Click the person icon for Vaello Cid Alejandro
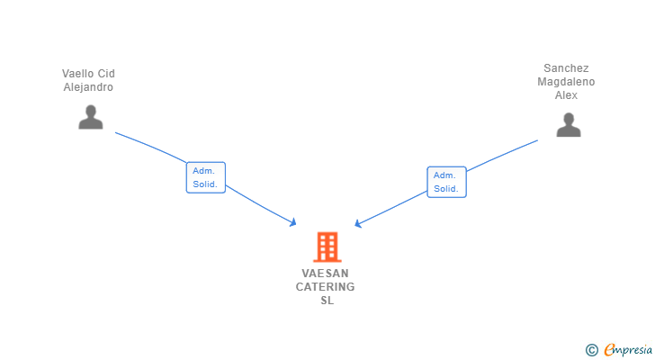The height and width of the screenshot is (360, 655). coord(91,117)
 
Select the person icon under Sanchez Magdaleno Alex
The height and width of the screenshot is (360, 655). coord(568,124)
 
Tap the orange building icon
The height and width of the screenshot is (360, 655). coord(327,247)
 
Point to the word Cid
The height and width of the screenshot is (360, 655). coord(106,74)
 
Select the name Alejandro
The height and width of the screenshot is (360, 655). coord(88,87)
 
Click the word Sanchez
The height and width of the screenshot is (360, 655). coord(566,68)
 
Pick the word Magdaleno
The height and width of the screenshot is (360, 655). coord(566,82)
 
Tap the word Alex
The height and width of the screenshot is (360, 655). coord(566,95)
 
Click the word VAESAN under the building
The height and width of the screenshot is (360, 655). coord(326,274)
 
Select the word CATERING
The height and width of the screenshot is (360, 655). coord(326,287)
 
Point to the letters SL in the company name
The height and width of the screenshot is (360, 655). coord(327,301)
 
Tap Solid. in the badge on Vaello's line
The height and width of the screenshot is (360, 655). coord(205,184)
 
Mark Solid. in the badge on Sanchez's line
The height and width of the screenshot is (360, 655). coord(446,189)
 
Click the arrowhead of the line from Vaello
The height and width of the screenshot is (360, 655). coord(293,222)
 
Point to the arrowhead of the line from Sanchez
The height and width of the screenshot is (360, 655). coord(358,224)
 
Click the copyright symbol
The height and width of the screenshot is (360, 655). coord(591,349)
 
